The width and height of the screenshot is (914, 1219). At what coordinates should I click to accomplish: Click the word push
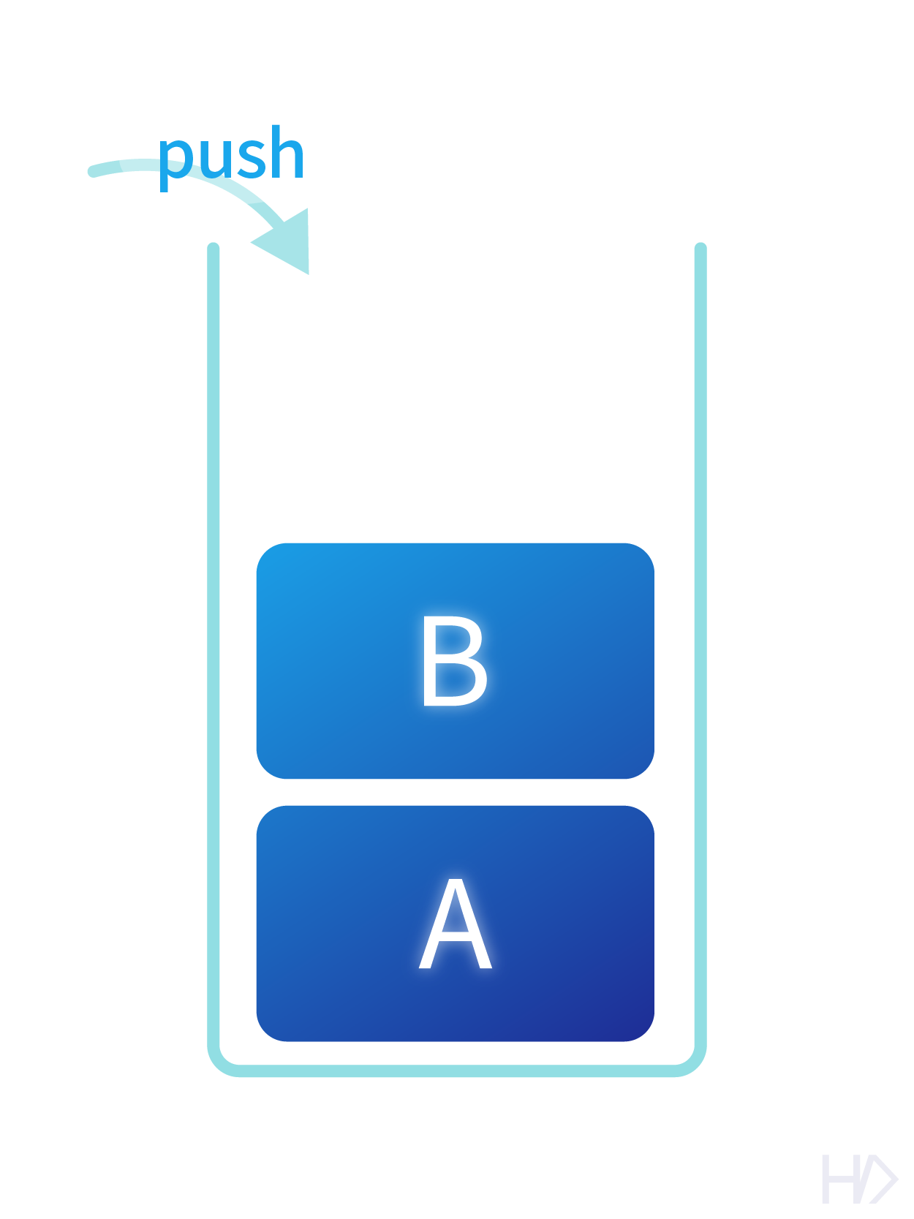click(231, 154)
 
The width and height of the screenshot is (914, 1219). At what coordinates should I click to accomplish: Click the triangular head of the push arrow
click(289, 242)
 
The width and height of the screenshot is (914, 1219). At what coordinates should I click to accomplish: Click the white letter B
click(454, 660)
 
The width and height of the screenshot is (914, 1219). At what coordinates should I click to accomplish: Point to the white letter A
click(455, 926)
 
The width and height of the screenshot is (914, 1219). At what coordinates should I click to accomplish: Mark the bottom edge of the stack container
click(457, 1071)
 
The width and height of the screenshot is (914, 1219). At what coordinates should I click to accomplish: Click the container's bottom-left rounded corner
click(219, 1062)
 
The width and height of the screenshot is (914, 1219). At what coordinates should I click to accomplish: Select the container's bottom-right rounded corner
click(695, 1062)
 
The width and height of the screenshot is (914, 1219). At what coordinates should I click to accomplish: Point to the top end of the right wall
click(700, 249)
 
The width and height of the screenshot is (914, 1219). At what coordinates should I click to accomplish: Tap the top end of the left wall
click(214, 249)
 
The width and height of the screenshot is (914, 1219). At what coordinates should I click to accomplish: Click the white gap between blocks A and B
click(455, 792)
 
